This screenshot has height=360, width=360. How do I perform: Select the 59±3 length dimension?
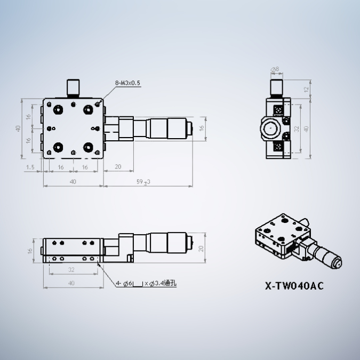click(143, 182)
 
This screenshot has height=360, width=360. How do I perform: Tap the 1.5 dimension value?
click(30, 167)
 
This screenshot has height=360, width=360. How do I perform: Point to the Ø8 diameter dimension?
click(275, 69)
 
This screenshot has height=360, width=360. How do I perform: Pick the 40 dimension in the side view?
click(306, 129)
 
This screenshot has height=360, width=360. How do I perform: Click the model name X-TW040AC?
click(294, 285)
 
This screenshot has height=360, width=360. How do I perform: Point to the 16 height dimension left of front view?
click(30, 250)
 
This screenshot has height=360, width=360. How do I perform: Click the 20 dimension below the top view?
click(117, 167)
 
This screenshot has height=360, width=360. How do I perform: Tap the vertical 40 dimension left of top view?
click(18, 129)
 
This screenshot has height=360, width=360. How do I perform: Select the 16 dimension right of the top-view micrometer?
click(202, 129)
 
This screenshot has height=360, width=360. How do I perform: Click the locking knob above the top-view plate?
click(73, 87)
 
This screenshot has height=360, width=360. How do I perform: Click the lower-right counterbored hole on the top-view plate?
click(87, 147)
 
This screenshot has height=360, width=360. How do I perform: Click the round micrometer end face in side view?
click(271, 129)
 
